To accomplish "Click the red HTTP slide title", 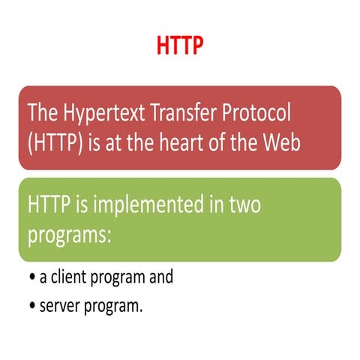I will [x=180, y=46].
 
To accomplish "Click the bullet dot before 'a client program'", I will [x=32, y=277].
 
